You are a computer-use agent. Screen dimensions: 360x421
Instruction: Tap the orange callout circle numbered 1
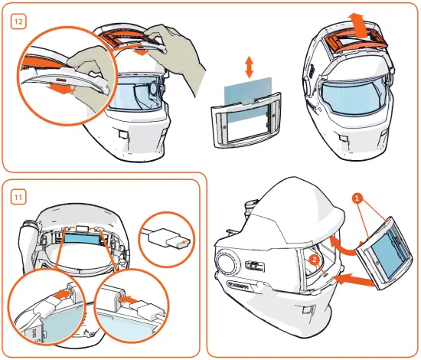[356, 198]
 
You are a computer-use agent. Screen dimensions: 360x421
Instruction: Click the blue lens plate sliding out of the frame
[246, 97]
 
